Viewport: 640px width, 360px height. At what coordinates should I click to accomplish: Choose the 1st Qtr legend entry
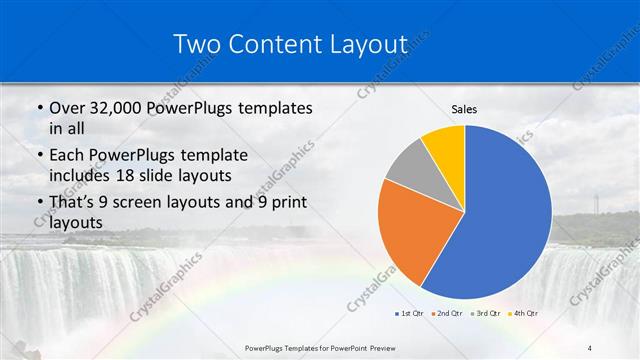click(410, 314)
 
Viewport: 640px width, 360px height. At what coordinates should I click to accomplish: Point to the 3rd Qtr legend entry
click(487, 314)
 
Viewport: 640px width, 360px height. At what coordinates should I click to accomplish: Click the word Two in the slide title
click(198, 44)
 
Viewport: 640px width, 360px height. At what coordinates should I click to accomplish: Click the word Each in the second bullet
click(66, 156)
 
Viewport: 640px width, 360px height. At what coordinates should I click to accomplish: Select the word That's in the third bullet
click(73, 204)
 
